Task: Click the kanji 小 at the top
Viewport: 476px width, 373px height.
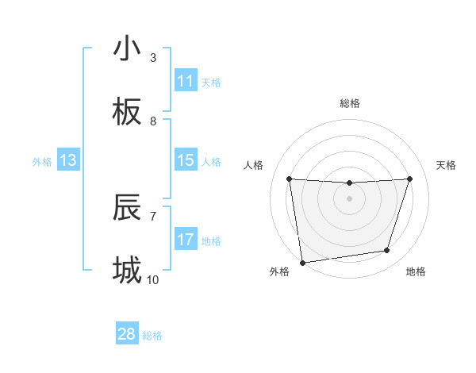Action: (x=127, y=49)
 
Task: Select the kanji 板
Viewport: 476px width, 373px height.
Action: (x=127, y=113)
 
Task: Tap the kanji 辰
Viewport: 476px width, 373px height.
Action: (x=127, y=208)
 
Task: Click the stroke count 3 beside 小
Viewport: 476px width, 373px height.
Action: (x=153, y=58)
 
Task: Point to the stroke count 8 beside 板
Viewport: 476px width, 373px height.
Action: (x=153, y=121)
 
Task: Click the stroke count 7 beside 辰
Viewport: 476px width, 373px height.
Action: (x=153, y=216)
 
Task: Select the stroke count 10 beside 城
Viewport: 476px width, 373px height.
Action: (x=153, y=280)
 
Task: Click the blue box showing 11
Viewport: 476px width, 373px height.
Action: (x=186, y=81)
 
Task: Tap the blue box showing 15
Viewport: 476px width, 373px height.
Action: (x=186, y=160)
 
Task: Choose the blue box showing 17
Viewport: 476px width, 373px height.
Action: (x=186, y=240)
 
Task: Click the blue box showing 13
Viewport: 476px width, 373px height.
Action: (x=68, y=160)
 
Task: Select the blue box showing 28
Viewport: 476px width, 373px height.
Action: (x=127, y=334)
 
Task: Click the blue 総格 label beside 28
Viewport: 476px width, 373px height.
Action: (x=152, y=336)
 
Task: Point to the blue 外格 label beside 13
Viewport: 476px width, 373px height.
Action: (x=42, y=162)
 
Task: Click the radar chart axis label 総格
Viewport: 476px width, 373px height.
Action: (x=350, y=103)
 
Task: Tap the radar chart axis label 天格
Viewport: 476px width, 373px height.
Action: (x=447, y=165)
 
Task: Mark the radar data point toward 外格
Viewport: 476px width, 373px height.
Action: (x=302, y=262)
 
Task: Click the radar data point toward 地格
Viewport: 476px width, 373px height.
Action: (x=387, y=251)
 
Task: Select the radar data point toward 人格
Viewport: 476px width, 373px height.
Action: (x=289, y=179)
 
